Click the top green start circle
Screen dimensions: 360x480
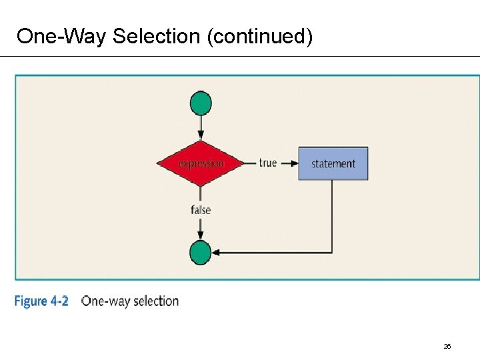coord(201,103)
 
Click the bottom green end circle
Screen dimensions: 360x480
coord(201,253)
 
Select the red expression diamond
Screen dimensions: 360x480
coord(201,163)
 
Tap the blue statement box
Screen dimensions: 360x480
coord(333,163)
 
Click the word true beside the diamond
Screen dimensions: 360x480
coord(267,163)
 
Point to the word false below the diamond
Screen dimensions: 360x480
coord(201,210)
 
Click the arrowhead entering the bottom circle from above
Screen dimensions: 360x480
coord(201,236)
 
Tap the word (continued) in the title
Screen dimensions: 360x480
coord(260,36)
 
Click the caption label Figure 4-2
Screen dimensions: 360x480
coord(41,301)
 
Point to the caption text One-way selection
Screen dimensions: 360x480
coord(130,301)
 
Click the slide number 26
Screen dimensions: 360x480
coord(447,347)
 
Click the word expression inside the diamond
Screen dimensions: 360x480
coord(201,163)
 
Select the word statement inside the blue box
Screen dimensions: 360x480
coord(333,164)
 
